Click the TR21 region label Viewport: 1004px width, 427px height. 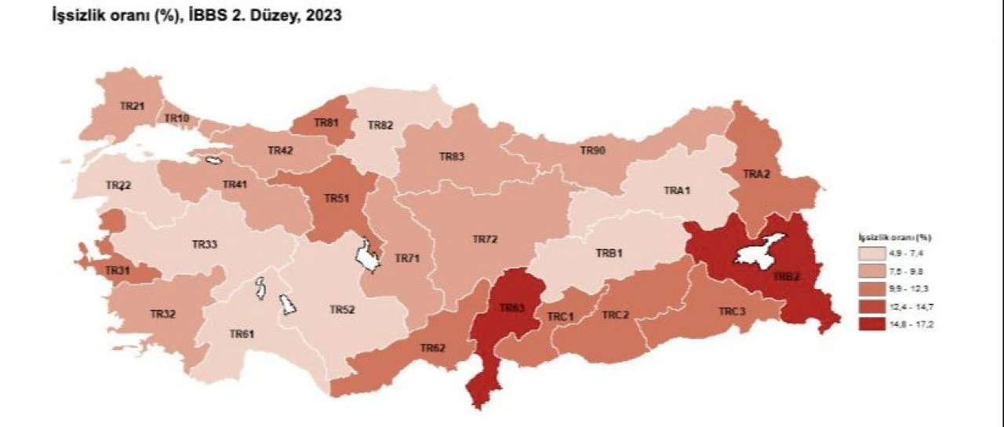point(132,105)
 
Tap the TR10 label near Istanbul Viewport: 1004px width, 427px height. point(177,119)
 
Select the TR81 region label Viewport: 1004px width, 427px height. point(326,123)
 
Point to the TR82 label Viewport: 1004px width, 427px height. point(380,125)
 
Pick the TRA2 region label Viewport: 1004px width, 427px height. point(756,174)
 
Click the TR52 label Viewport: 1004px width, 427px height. point(343,309)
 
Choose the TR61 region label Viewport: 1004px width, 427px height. point(242,334)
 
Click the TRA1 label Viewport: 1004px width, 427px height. point(675,190)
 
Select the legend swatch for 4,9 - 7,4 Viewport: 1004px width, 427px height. point(871,254)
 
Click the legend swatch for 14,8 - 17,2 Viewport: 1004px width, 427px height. point(871,323)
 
